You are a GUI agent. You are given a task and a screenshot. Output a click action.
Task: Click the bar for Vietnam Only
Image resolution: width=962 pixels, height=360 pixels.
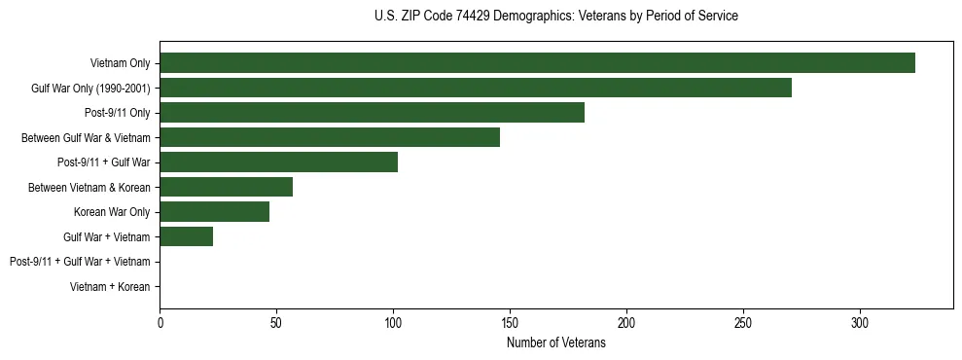pos(537,63)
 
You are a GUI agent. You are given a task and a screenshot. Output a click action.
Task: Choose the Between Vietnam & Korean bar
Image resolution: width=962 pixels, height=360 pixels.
pos(226,187)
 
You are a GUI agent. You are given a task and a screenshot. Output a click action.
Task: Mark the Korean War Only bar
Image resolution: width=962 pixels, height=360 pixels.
pos(214,212)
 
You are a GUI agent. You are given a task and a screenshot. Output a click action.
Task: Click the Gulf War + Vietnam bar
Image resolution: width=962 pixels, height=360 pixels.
pos(186,236)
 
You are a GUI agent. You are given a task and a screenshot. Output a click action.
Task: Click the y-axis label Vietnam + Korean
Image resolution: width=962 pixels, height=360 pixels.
pos(110,287)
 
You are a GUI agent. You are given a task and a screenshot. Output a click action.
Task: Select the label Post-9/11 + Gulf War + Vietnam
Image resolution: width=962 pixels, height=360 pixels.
pos(80,262)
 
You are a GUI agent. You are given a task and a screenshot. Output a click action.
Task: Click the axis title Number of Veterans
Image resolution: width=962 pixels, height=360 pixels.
pos(556,342)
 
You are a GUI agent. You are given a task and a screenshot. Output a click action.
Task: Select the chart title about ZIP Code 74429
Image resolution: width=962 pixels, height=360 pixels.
pos(556,17)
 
